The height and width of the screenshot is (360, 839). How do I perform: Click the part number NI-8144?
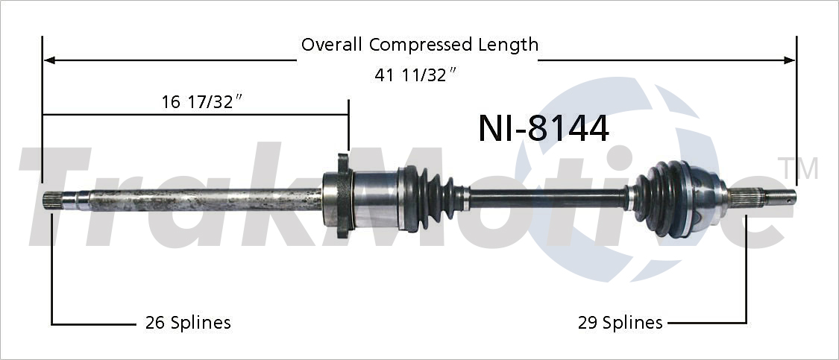543,128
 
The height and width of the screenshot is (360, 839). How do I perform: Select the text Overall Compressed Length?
419,45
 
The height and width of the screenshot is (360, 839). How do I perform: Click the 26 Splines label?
187,323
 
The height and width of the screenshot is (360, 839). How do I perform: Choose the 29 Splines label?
620,323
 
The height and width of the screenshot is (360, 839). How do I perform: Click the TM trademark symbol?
797,168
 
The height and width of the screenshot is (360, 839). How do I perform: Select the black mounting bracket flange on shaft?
343,196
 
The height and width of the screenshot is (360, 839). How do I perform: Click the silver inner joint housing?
376,199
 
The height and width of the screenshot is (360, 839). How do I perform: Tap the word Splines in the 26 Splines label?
201,323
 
